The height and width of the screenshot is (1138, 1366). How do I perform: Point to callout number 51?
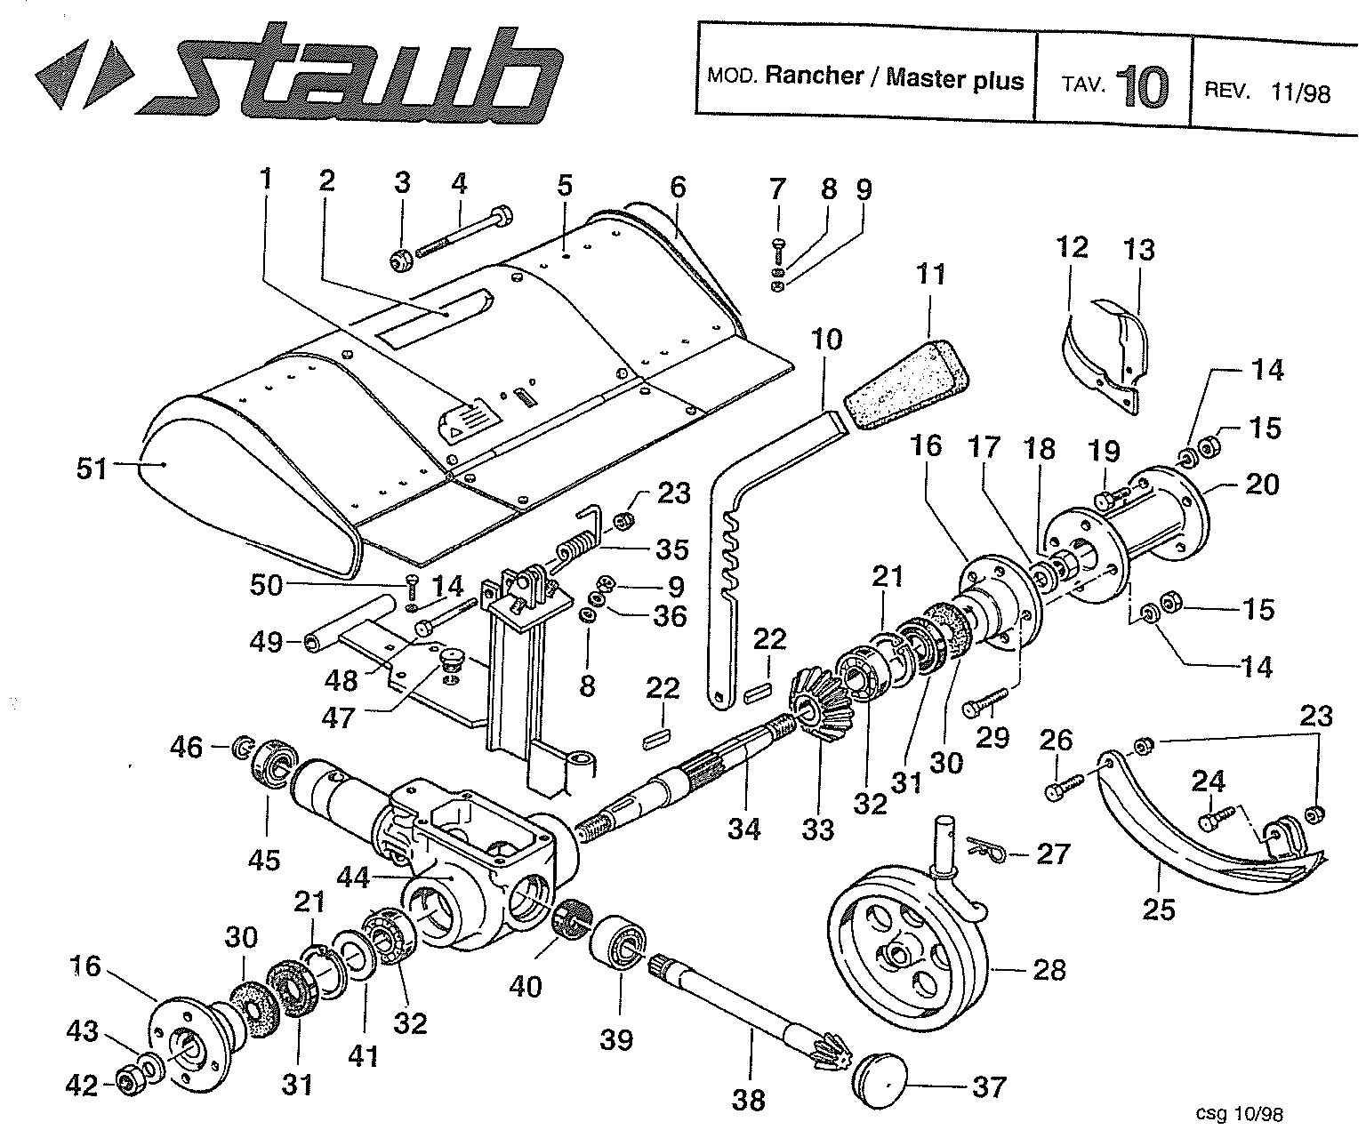point(91,468)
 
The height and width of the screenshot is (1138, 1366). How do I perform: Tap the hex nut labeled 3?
point(402,260)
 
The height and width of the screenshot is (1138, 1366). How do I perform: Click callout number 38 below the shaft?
point(749,1101)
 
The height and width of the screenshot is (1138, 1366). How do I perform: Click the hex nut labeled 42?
point(131,1083)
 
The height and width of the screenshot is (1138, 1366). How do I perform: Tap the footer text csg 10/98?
point(1240,1112)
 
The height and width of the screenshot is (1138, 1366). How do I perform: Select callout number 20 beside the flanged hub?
point(1262,485)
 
